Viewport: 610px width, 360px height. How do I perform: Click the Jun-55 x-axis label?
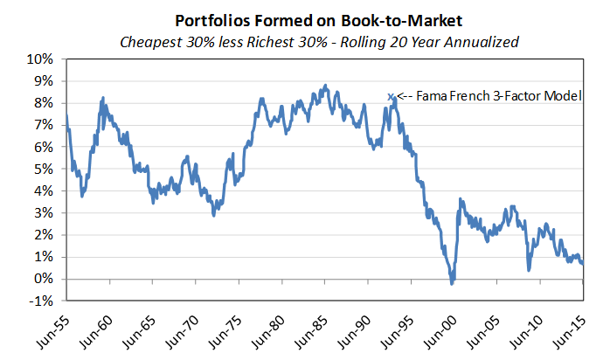click(53, 329)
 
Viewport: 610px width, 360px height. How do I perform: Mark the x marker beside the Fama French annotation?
click(391, 96)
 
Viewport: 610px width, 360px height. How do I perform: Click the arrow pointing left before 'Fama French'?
click(404, 96)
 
